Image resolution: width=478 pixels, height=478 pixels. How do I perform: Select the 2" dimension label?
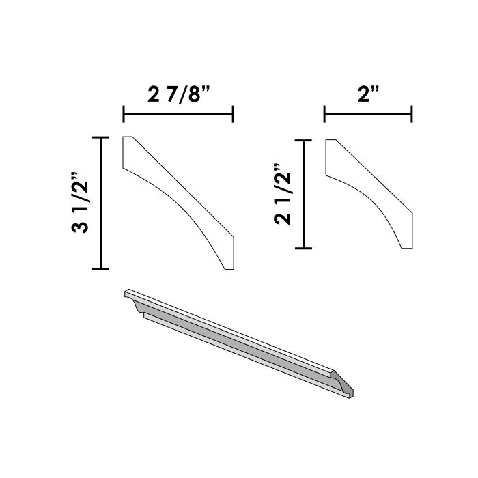click(368, 94)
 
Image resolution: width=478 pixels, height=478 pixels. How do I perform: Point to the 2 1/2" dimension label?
click(282, 194)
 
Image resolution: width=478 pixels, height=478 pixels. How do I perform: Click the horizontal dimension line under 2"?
click(368, 114)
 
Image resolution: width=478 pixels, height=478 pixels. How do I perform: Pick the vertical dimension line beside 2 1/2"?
click(303, 194)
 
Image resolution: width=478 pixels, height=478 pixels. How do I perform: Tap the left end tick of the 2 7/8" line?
click(123, 114)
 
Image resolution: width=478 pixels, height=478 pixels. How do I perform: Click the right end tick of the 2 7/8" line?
click(234, 114)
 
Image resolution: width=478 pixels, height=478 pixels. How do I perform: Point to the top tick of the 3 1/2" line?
click(101, 138)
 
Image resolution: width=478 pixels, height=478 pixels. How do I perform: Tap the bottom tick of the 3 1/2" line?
click(101, 269)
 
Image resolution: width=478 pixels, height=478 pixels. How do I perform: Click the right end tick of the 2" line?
click(412, 114)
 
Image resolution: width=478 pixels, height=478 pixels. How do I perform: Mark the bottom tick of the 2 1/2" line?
click(303, 247)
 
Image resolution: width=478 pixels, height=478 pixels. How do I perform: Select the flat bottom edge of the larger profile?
click(230, 269)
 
